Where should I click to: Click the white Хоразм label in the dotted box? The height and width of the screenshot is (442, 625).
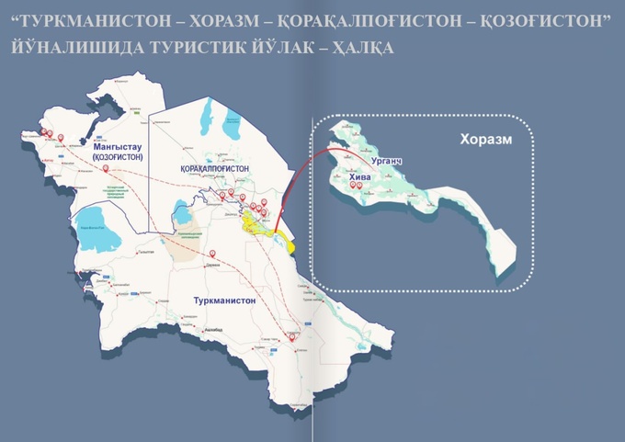point(484,142)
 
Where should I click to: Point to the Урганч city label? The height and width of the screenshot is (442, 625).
point(387,161)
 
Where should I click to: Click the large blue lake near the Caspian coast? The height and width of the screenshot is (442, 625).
point(95,236)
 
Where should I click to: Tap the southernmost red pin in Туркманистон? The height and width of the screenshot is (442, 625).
point(294,337)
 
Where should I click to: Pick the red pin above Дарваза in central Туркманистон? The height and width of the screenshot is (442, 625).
point(212,253)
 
